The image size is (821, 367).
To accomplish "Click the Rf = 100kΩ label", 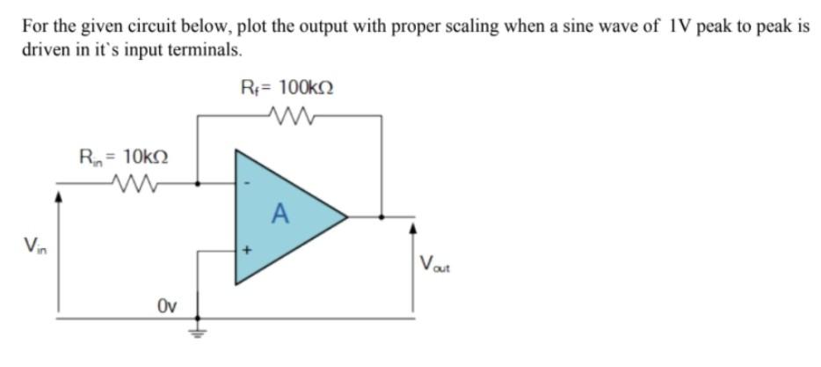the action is click(x=287, y=88).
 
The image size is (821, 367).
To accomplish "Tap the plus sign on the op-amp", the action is click(x=248, y=251).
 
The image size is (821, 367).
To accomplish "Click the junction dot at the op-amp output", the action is click(x=381, y=215).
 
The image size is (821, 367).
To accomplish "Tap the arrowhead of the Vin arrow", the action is click(x=59, y=198).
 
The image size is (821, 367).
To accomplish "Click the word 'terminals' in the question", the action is click(x=205, y=49).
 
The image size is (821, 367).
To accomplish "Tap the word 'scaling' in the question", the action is click(x=435, y=26).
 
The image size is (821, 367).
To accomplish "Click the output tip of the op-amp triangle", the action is click(x=346, y=215).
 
